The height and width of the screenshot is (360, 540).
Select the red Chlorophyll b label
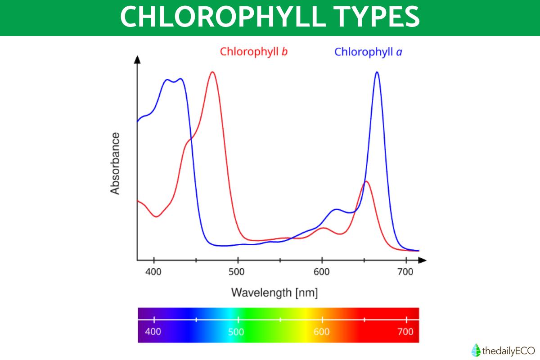click(x=254, y=52)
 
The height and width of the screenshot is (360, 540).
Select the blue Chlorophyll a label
click(x=368, y=52)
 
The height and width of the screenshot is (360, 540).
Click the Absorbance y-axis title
click(x=115, y=163)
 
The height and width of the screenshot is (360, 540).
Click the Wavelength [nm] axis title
click(x=274, y=293)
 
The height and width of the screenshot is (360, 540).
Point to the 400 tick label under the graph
click(x=154, y=271)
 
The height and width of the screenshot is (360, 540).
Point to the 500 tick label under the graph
click(x=238, y=271)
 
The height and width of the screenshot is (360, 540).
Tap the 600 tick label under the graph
click(x=322, y=271)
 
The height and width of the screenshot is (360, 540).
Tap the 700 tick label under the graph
click(x=406, y=271)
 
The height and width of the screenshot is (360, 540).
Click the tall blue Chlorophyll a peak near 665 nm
click(x=377, y=72)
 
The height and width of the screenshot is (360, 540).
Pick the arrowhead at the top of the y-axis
click(x=137, y=59)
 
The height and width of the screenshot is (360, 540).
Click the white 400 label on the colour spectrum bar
click(x=153, y=332)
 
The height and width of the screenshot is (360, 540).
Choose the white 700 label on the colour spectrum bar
click(x=405, y=332)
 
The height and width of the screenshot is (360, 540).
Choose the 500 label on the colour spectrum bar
click(x=236, y=332)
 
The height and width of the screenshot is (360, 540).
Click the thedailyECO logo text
click(x=508, y=350)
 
